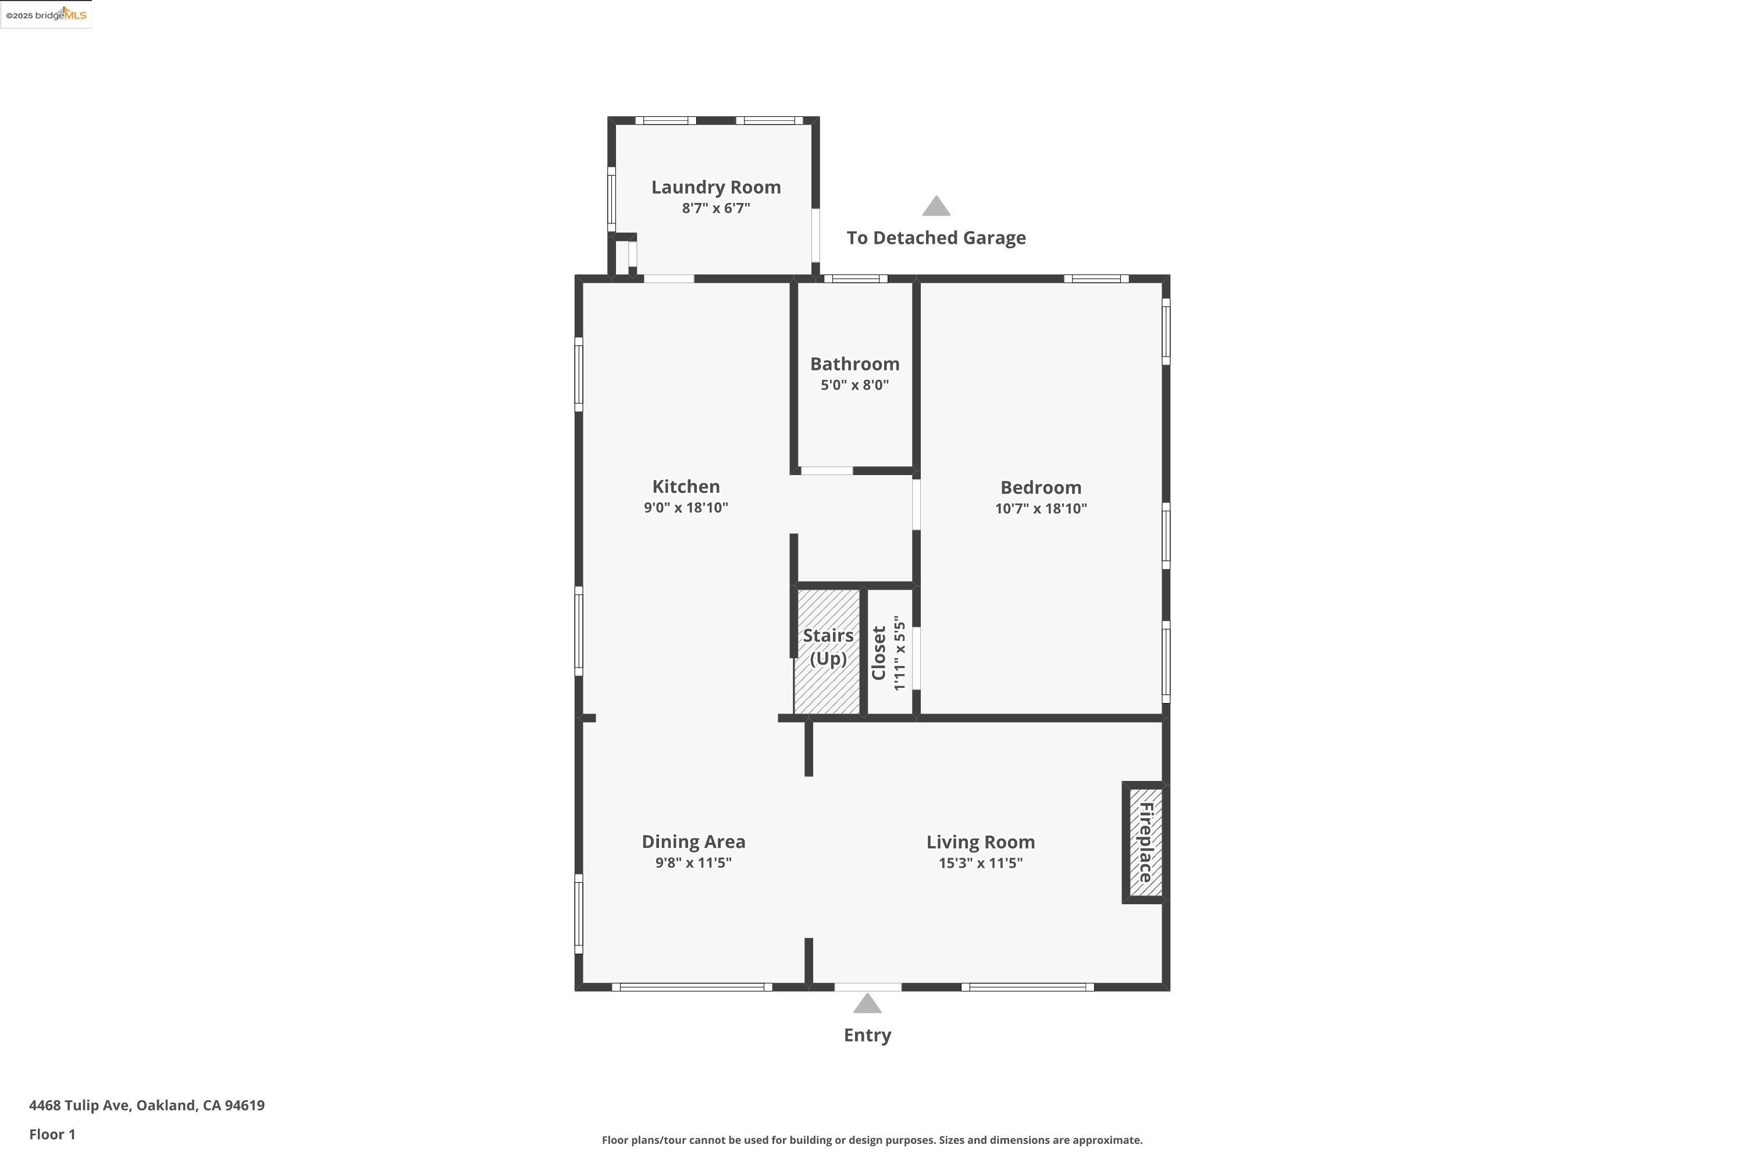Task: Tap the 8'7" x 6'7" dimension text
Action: (x=716, y=208)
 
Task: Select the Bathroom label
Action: (x=854, y=364)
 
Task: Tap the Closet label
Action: (x=879, y=652)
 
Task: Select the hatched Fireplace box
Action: (x=1145, y=843)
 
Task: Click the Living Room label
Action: (x=980, y=843)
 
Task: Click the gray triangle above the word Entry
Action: (x=867, y=1004)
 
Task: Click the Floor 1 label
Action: (x=52, y=1134)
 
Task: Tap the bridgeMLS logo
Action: (x=46, y=15)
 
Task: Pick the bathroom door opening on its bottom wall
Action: (x=827, y=471)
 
